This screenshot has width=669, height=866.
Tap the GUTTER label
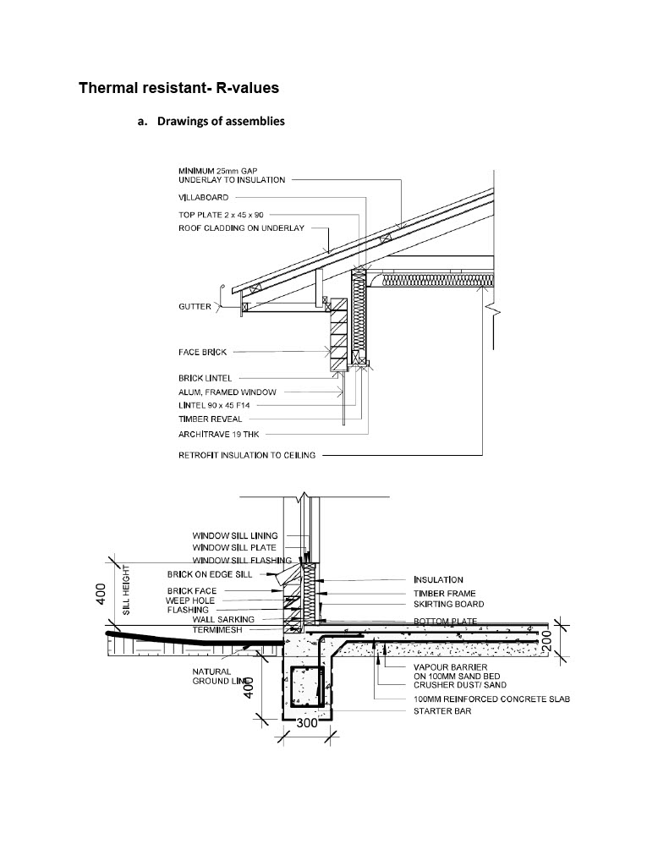pos(195,307)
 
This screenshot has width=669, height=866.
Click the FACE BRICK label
pos(202,352)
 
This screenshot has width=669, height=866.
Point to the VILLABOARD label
pos(203,197)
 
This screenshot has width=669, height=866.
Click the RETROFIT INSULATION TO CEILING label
pos(247,455)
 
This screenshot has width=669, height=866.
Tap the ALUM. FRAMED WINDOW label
pos(227,392)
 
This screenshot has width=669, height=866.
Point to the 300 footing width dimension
pos(306,724)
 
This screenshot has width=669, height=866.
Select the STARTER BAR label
pos(442,711)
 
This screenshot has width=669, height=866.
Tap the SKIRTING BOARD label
pos(448,604)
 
